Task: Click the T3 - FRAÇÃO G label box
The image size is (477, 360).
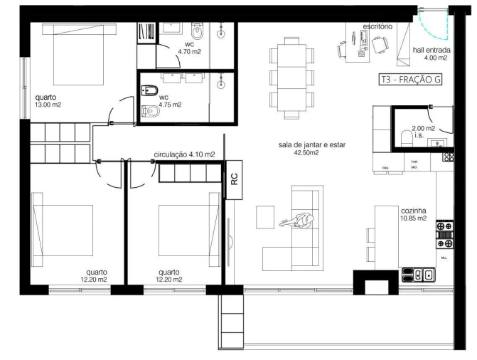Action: tap(410, 80)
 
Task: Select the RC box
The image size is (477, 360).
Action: tap(234, 181)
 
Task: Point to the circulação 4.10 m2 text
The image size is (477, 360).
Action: tap(184, 154)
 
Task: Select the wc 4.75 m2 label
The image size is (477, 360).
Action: tap(170, 100)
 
